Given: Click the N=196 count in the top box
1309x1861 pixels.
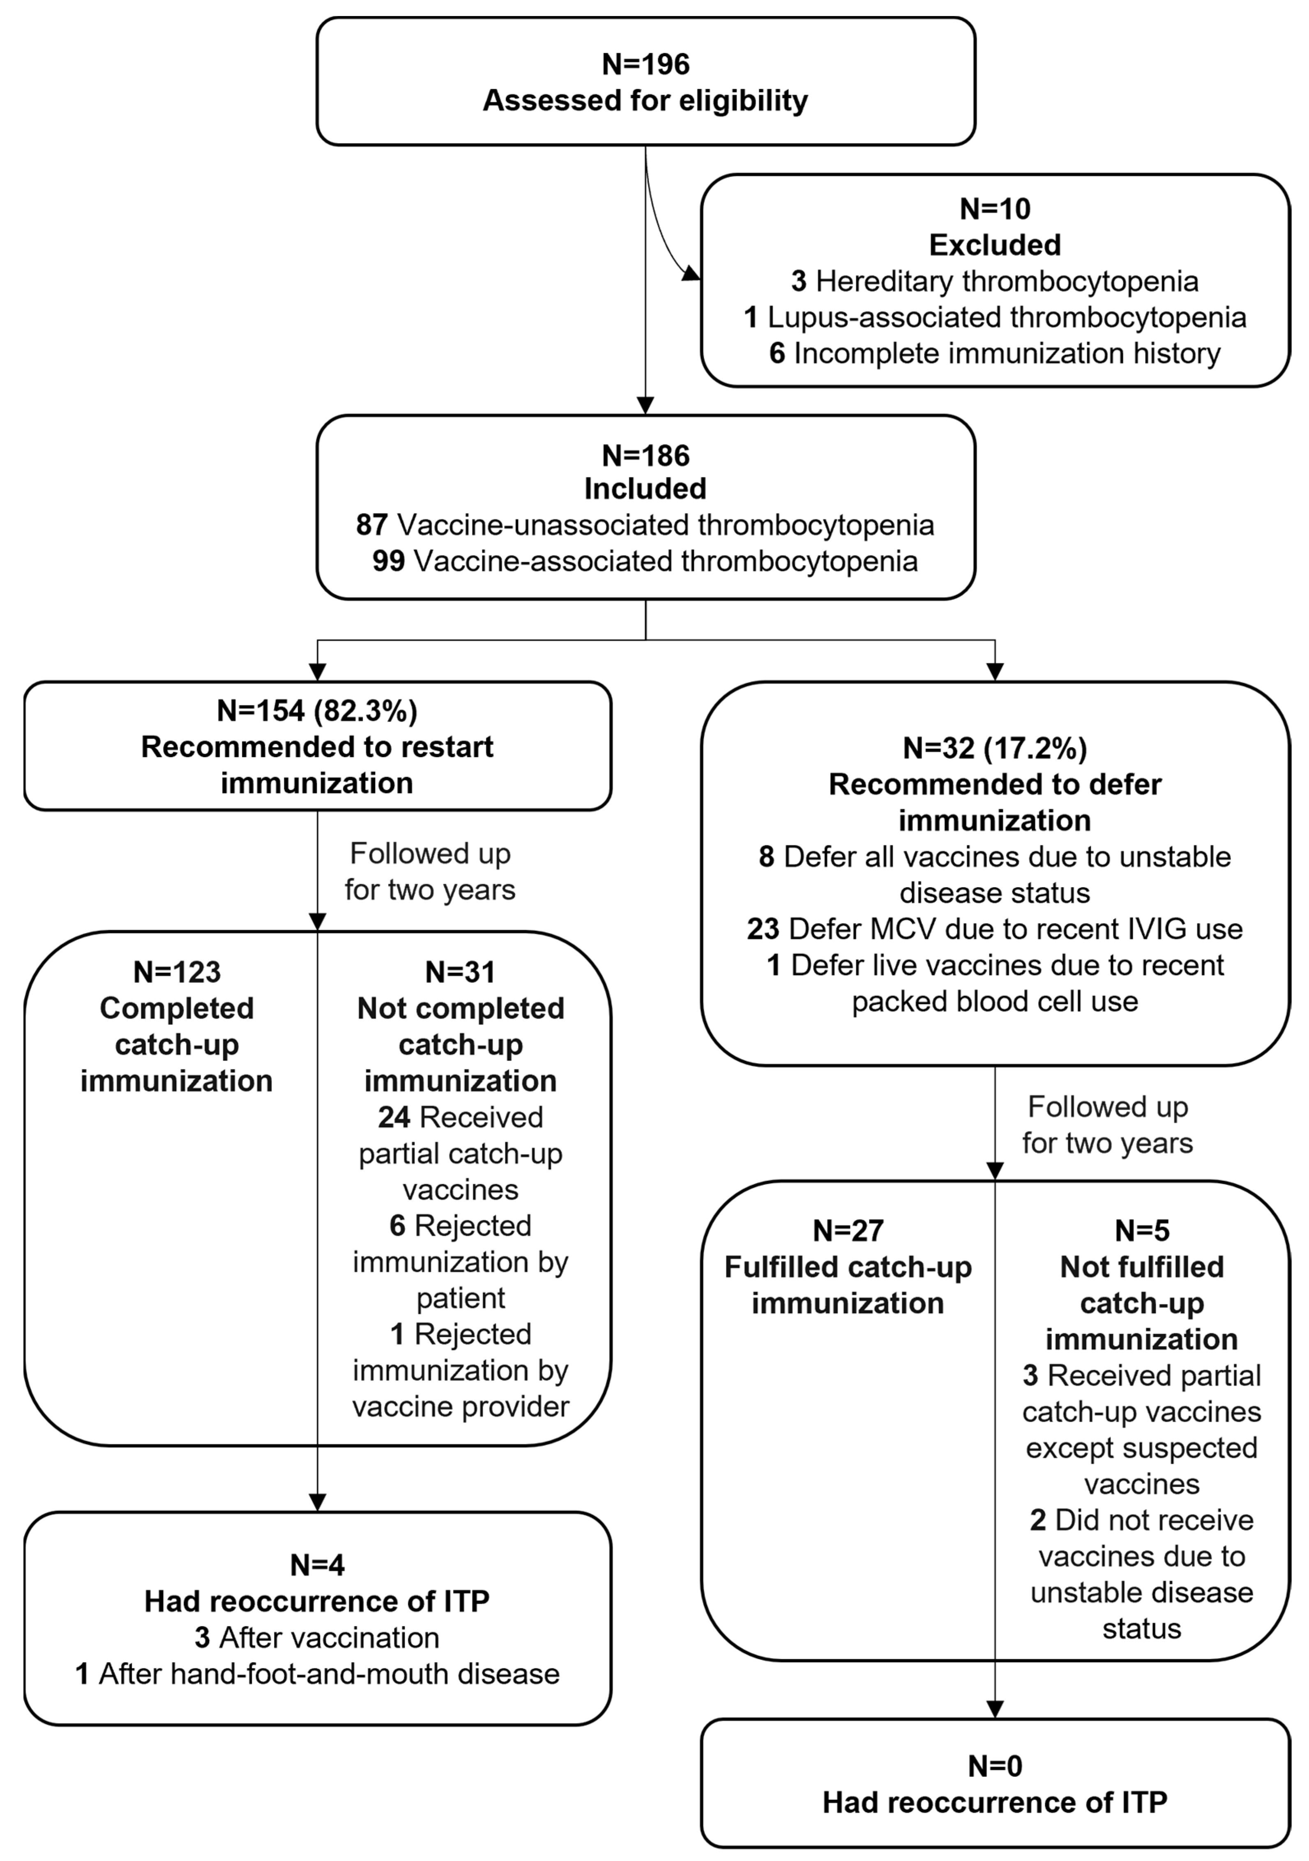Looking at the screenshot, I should [x=645, y=64].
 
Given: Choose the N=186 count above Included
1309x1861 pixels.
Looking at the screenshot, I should [x=645, y=456].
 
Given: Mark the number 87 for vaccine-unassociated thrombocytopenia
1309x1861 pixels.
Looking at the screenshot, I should [x=371, y=525].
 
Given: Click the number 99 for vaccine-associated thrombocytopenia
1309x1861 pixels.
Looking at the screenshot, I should [x=389, y=561].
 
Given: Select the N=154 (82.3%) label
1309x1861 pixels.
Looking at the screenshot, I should [x=317, y=711].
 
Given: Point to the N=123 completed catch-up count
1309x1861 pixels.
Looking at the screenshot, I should [x=177, y=972].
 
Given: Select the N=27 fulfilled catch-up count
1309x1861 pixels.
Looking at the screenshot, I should [x=848, y=1230].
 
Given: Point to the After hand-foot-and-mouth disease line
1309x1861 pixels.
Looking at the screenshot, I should [x=317, y=1674].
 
